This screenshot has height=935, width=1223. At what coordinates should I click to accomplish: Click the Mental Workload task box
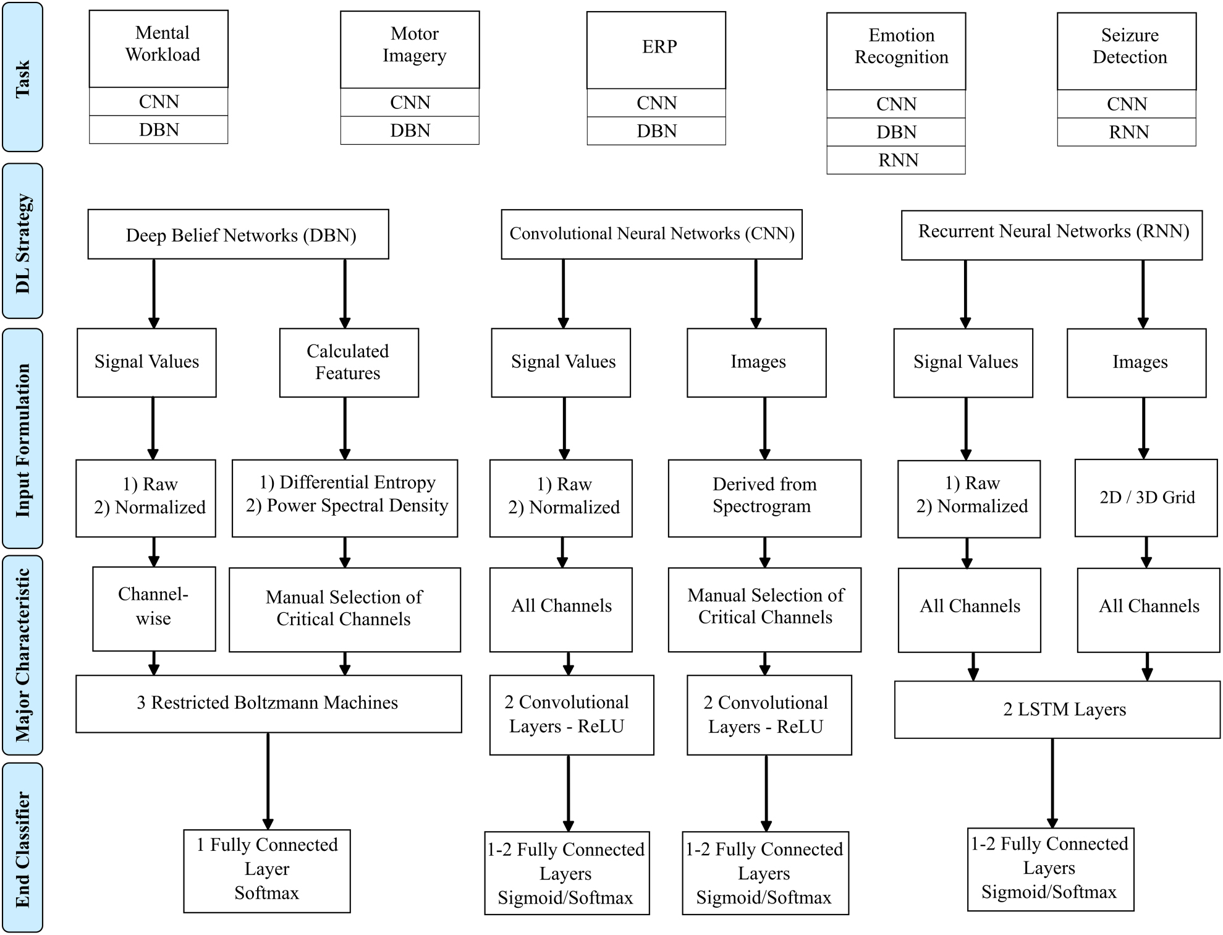[159, 48]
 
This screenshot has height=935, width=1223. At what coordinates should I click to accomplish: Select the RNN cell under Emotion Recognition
[895, 160]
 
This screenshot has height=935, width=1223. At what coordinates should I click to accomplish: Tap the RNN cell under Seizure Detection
[1126, 132]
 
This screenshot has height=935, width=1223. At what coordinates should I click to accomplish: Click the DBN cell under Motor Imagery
[409, 131]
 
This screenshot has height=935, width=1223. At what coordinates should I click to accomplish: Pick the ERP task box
[656, 49]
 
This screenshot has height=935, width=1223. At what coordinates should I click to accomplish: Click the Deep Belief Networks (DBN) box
[238, 234]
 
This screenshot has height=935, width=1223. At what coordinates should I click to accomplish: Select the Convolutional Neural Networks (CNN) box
[651, 234]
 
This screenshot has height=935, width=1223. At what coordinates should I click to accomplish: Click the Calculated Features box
[349, 362]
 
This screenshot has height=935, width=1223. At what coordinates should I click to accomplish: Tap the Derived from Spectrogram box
[764, 498]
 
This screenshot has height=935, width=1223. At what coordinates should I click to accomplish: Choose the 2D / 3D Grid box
[1146, 498]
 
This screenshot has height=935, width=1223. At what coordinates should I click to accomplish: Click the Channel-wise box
[154, 608]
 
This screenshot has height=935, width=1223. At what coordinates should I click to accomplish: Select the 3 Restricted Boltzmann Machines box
[268, 704]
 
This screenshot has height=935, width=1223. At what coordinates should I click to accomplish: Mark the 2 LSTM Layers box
[1057, 710]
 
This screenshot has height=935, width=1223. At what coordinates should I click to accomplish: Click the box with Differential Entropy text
[345, 498]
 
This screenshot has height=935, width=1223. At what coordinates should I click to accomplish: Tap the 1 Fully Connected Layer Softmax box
[267, 871]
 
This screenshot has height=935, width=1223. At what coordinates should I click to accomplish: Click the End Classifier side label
[23, 848]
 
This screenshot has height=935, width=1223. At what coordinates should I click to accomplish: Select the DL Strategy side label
[23, 241]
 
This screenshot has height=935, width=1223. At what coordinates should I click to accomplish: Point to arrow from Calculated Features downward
[345, 428]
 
